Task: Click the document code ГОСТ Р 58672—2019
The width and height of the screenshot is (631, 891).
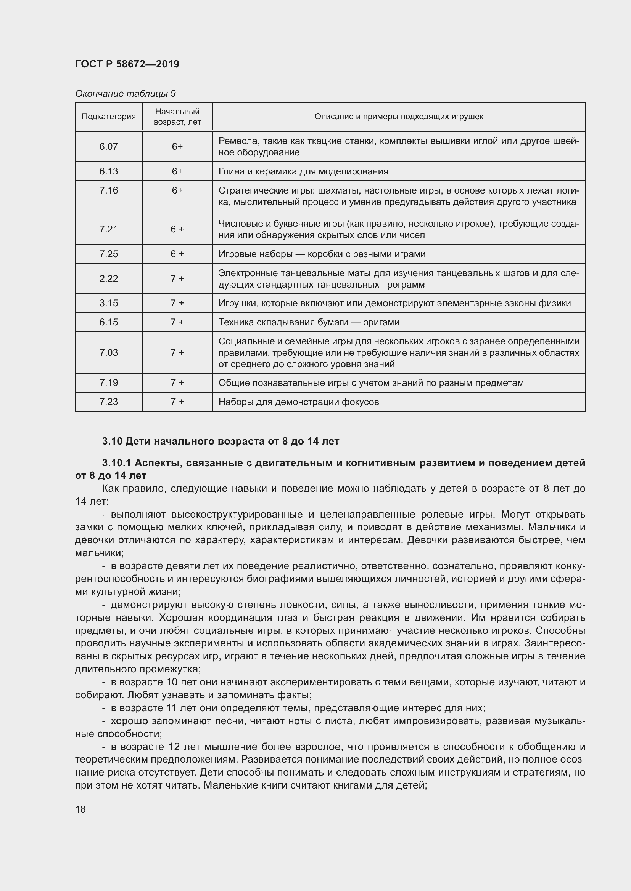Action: pyautogui.click(x=127, y=64)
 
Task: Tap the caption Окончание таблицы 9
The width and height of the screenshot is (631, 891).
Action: pyautogui.click(x=125, y=94)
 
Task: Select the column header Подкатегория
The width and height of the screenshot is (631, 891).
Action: pyautogui.click(x=108, y=117)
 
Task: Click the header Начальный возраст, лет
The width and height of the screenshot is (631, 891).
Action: pyautogui.click(x=177, y=117)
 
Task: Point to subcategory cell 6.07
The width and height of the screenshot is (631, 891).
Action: pyautogui.click(x=108, y=146)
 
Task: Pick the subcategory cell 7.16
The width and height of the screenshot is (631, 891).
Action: pyautogui.click(x=108, y=190)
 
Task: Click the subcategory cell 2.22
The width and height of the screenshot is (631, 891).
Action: pyautogui.click(x=108, y=278)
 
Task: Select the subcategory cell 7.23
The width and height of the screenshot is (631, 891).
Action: pyautogui.click(x=108, y=401)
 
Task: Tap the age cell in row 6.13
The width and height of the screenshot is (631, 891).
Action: pyautogui.click(x=177, y=171)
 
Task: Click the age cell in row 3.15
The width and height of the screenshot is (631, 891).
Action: pyautogui.click(x=177, y=303)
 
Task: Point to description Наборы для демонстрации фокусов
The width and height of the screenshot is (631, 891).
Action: pyautogui.click(x=298, y=402)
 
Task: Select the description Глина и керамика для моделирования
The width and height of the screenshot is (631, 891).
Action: pyautogui.click(x=303, y=171)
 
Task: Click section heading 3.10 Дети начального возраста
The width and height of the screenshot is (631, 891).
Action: pyautogui.click(x=221, y=441)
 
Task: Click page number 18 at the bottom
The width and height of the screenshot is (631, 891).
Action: pyautogui.click(x=80, y=809)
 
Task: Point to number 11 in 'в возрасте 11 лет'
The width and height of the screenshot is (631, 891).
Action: pyautogui.click(x=171, y=708)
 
